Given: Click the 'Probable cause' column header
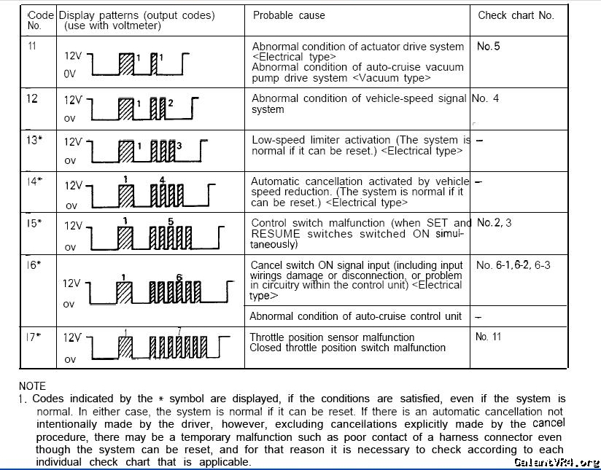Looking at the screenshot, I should click(x=289, y=15).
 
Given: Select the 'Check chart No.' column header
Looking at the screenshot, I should click(x=516, y=15).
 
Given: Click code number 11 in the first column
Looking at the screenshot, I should click(x=31, y=45).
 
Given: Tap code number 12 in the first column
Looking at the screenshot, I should click(x=32, y=98).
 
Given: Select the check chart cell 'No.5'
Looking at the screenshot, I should click(x=488, y=46).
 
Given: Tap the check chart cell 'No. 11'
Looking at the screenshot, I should click(x=488, y=337).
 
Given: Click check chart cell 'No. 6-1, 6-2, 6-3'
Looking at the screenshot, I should click(x=513, y=265).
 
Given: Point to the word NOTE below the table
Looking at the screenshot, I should click(x=32, y=386).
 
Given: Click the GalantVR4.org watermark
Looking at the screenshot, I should click(x=556, y=462).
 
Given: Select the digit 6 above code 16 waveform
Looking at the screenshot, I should click(x=179, y=277).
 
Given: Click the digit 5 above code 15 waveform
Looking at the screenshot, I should click(x=170, y=221).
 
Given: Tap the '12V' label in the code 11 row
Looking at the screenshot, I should click(x=73, y=55).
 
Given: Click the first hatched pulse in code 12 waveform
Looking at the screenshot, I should click(x=127, y=109).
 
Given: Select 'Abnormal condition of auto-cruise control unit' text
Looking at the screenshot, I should click(x=355, y=316).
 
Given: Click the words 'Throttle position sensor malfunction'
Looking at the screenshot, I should click(x=332, y=337).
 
